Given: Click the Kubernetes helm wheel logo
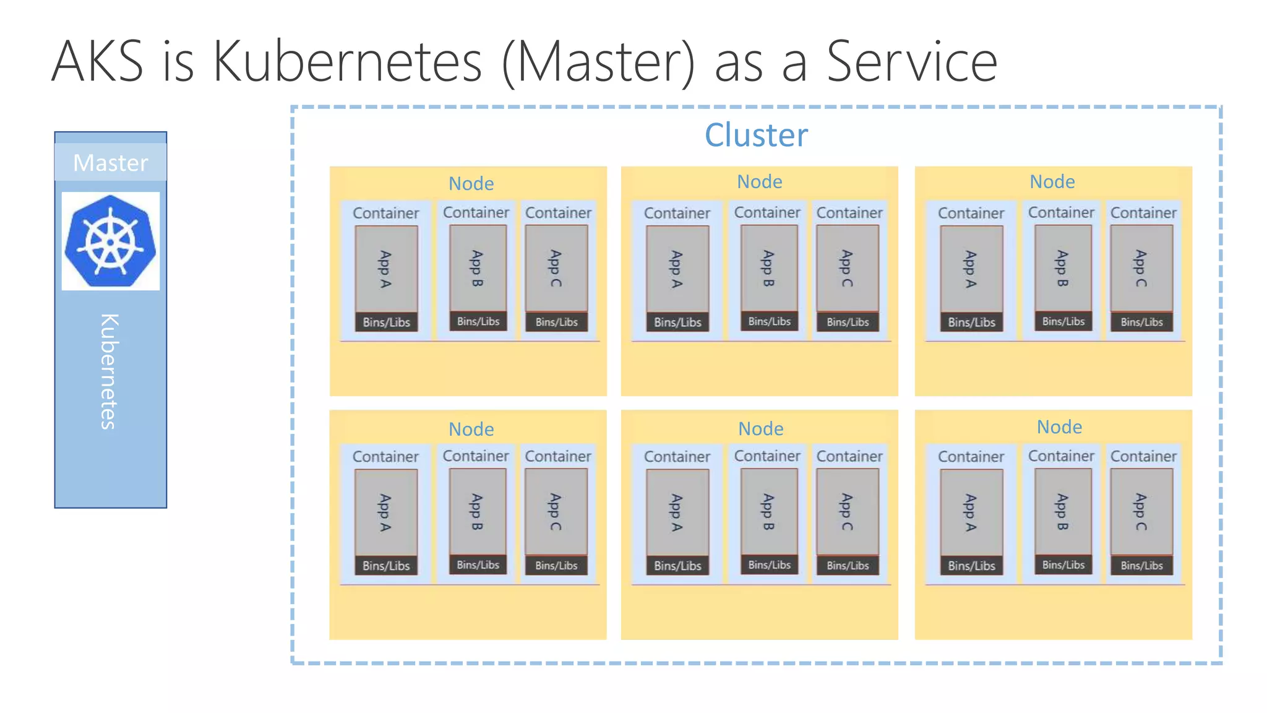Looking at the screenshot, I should [x=111, y=241].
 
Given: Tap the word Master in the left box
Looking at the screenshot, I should [x=111, y=163].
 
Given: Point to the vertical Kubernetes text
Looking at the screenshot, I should [x=109, y=371].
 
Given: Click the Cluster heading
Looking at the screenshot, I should [x=756, y=135].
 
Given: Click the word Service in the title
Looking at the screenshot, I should [x=912, y=61].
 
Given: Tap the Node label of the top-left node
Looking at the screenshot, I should [x=471, y=184].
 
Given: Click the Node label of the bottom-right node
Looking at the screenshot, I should [x=1059, y=427].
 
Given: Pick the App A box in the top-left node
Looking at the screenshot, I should [x=386, y=269].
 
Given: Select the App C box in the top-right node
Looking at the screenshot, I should [x=1141, y=268].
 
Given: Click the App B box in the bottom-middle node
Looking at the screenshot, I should [x=769, y=512].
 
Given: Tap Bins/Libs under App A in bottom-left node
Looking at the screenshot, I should [x=386, y=566].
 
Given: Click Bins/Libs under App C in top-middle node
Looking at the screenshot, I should [x=848, y=322].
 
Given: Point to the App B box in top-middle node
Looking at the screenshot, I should [x=769, y=268].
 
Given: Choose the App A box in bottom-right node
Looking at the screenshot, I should [x=971, y=512].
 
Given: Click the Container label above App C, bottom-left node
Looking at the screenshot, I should [x=558, y=456].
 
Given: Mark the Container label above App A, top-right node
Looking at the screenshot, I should [x=971, y=213].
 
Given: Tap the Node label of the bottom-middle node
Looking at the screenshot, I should [x=760, y=428].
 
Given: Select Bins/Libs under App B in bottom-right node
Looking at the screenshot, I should [x=1063, y=564].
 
